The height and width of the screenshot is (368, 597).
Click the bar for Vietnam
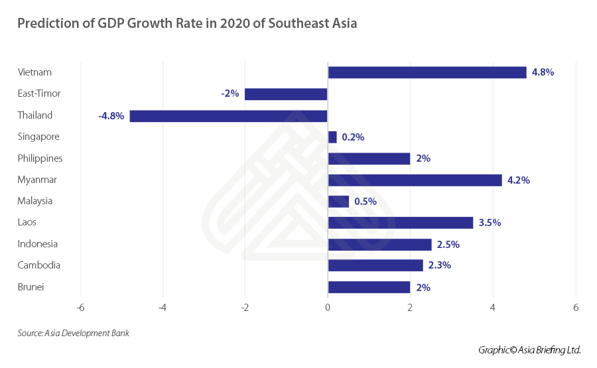427,72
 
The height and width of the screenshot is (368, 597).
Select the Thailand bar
228,116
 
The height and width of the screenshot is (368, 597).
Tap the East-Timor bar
286,94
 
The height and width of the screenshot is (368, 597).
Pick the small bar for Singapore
332,137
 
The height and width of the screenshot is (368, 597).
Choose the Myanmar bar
415,180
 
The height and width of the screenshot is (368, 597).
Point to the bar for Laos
400,223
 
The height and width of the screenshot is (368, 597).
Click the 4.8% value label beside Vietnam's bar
543,72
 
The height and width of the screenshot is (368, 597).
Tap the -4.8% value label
111,116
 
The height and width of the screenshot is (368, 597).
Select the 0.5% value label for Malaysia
365,202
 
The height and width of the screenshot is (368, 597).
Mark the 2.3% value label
440,266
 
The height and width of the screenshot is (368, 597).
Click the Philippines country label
40,158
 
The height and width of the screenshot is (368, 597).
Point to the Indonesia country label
38,244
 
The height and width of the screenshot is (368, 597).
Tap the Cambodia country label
39,265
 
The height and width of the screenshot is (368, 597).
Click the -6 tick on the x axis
80,308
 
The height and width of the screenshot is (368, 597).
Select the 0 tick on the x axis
328,308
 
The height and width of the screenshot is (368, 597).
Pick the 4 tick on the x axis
493,308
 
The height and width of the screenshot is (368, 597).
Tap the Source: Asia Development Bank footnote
73,333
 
